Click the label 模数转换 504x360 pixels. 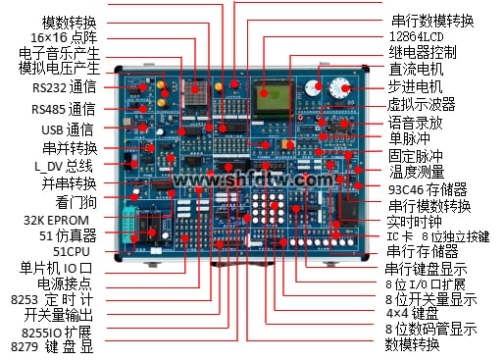pos(69,22)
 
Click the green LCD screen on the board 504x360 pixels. pos(274,98)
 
